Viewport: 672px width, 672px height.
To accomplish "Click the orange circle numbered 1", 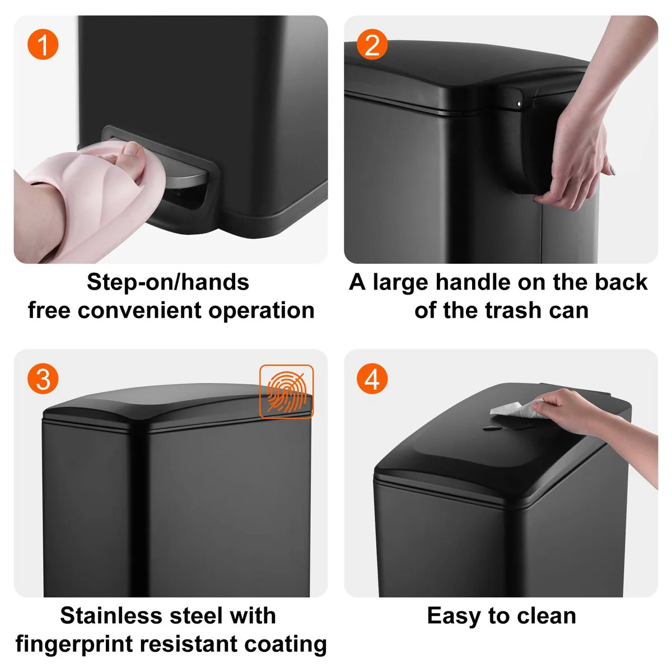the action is click(x=43, y=44).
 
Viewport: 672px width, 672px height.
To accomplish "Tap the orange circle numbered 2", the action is click(x=372, y=44).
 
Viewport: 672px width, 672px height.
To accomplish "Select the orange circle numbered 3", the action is click(x=43, y=379).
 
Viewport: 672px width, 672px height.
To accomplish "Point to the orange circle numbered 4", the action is click(x=372, y=379).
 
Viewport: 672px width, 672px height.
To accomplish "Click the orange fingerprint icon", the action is click(x=286, y=391).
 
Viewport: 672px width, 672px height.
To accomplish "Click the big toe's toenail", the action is click(x=133, y=148).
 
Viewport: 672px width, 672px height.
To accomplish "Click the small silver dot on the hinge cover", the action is click(x=519, y=104).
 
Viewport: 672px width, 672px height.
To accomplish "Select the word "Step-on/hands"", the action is click(x=168, y=282).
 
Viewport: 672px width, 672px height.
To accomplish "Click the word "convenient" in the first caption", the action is click(x=139, y=310).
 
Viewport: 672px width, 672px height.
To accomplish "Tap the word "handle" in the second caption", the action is click(x=473, y=282).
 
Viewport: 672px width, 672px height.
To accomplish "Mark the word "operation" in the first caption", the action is click(x=262, y=311).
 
